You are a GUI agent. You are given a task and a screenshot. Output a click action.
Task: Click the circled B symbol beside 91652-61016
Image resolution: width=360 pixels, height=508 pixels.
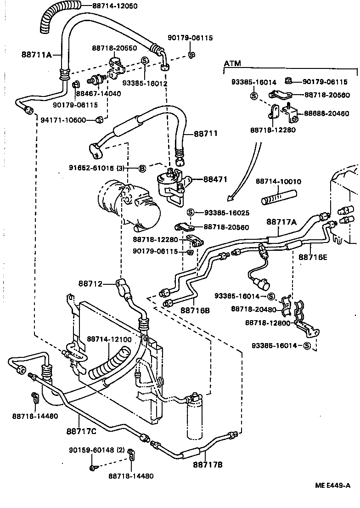click(x=142, y=169)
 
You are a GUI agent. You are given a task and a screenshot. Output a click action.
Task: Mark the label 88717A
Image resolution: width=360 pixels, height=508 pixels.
click(x=281, y=222)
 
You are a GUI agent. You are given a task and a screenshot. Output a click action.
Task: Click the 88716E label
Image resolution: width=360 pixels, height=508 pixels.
click(x=313, y=257)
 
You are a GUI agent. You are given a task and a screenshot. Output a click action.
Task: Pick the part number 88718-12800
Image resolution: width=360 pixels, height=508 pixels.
click(x=268, y=323)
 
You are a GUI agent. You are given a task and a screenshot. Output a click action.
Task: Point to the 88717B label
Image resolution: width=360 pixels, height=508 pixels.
click(x=207, y=465)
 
